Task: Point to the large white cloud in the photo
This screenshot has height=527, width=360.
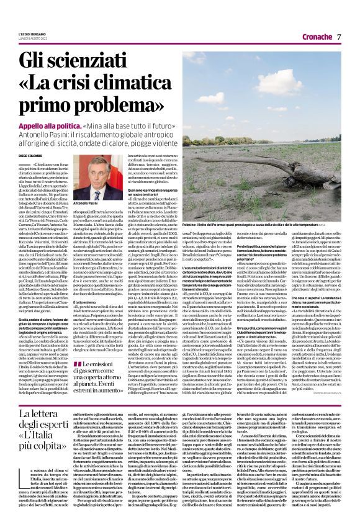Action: coord(298,74)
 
